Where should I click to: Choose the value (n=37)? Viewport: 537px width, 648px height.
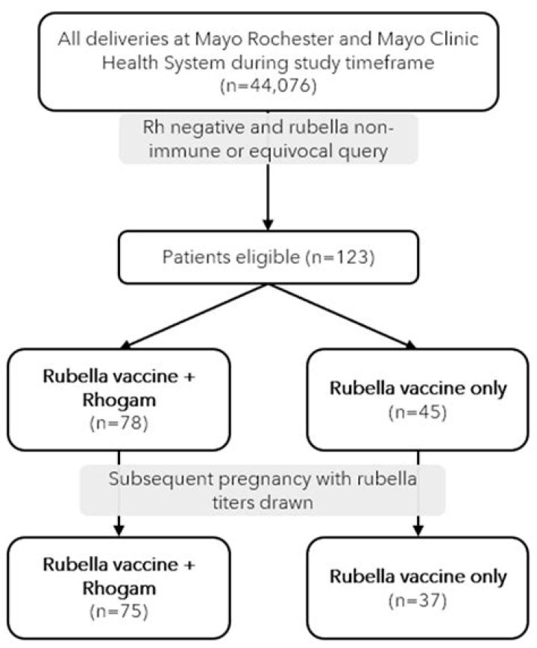418,600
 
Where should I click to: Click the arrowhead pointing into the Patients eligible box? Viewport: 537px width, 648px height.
268,224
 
